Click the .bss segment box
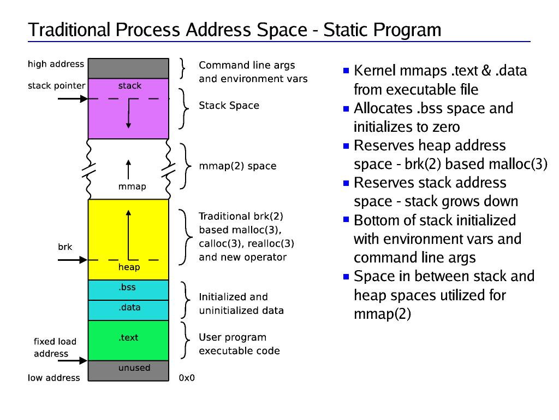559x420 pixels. point(128,290)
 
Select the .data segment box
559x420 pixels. point(128,310)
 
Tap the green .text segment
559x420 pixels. point(128,340)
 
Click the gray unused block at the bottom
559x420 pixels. point(128,367)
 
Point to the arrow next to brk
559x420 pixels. point(72,260)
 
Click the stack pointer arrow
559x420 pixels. point(72,99)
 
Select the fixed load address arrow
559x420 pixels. point(72,360)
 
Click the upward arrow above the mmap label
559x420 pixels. point(129,169)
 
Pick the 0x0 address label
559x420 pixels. point(187,378)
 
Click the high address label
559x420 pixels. point(56,64)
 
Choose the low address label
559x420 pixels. point(53,378)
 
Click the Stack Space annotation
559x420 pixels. point(229,106)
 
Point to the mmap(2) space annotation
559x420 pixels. point(237,166)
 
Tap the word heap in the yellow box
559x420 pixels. point(129,267)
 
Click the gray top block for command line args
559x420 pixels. point(128,68)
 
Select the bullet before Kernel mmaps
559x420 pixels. point(346,71)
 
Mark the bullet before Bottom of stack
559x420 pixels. point(346,220)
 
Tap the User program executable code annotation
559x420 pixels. point(239,344)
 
